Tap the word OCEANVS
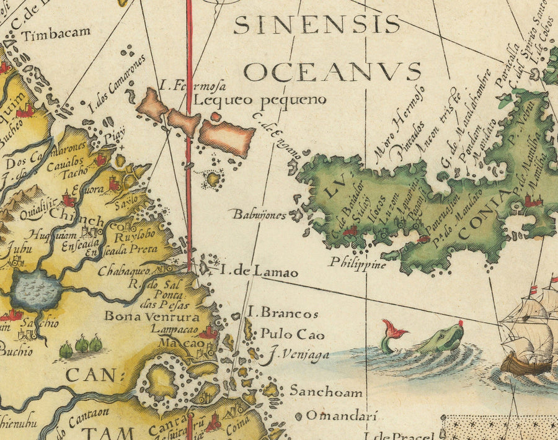[x=332, y=71]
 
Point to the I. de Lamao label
[x=259, y=272]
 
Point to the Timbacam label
[x=56, y=33]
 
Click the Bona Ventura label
[x=143, y=316]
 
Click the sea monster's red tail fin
[x=391, y=328]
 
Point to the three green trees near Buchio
[x=81, y=346]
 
